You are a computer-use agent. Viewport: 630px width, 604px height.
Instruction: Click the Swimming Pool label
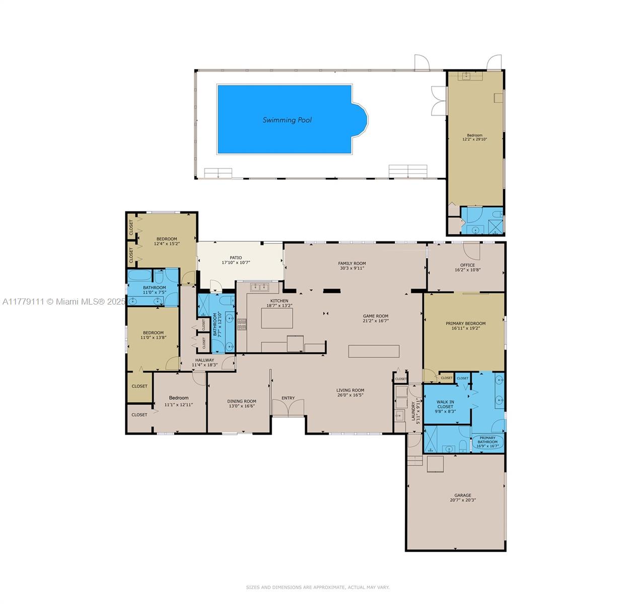[287, 120]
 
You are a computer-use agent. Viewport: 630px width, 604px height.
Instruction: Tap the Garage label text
[462, 495]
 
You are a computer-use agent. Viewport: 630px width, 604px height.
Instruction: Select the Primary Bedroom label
[465, 324]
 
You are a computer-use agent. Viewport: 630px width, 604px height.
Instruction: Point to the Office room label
[467, 265]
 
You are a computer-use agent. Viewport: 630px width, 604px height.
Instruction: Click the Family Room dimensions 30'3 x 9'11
[352, 268]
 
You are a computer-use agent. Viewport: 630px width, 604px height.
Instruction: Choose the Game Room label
[376, 316]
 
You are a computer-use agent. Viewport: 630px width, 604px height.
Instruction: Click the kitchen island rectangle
[277, 318]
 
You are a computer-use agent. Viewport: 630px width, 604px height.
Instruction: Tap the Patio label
[236, 258]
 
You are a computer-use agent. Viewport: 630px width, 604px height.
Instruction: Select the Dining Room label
[242, 401]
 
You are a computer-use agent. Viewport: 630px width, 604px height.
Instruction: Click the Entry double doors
[288, 407]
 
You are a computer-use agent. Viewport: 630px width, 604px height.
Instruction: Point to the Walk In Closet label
[445, 404]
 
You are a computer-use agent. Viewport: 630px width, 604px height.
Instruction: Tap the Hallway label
[204, 360]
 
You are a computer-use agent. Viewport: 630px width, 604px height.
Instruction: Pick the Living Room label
[351, 390]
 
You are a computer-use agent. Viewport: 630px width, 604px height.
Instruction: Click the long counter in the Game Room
[374, 351]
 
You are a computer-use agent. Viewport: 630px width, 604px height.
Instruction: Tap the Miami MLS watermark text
[63, 301]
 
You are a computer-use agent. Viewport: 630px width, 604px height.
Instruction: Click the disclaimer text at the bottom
[317, 587]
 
